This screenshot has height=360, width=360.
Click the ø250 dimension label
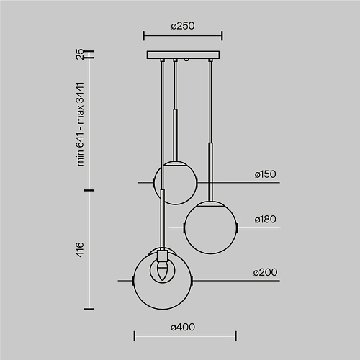point(183,26)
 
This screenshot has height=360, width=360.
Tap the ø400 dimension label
point(183,327)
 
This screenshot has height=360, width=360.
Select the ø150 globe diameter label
point(265,174)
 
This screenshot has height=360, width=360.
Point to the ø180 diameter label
point(265,220)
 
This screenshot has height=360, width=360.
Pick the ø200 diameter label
point(265,272)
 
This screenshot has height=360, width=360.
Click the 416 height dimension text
point(80,250)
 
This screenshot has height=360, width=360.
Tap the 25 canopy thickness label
point(80,54)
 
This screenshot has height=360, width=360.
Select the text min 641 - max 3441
point(80,124)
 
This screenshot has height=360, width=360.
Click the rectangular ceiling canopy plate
point(183,55)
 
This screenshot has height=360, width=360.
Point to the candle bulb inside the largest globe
point(162,271)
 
